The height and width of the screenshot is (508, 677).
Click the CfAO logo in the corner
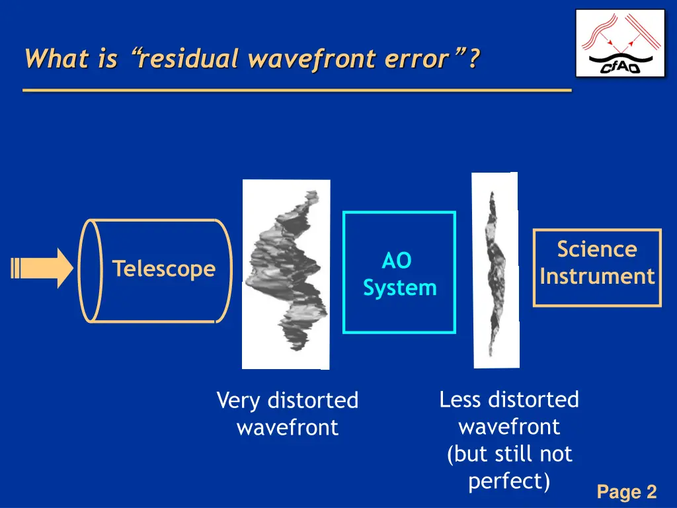tap(619, 43)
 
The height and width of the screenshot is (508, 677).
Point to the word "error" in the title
tap(417, 60)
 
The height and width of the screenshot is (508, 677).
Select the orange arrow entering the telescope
tap(44, 269)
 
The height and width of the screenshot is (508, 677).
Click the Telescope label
tap(163, 269)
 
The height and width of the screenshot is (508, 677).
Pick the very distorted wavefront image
tap(286, 274)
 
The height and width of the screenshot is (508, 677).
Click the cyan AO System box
tap(399, 273)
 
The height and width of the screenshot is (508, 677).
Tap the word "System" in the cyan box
tap(400, 288)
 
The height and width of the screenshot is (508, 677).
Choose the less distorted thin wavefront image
tap(495, 271)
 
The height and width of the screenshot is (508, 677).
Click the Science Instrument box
tap(597, 267)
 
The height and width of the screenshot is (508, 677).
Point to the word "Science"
tap(597, 249)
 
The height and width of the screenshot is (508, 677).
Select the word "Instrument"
tap(597, 276)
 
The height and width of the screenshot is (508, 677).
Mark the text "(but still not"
tap(509, 454)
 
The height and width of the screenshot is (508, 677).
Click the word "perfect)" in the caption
tap(509, 482)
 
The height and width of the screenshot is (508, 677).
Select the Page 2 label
tap(626, 492)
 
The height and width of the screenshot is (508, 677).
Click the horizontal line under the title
tap(297, 89)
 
